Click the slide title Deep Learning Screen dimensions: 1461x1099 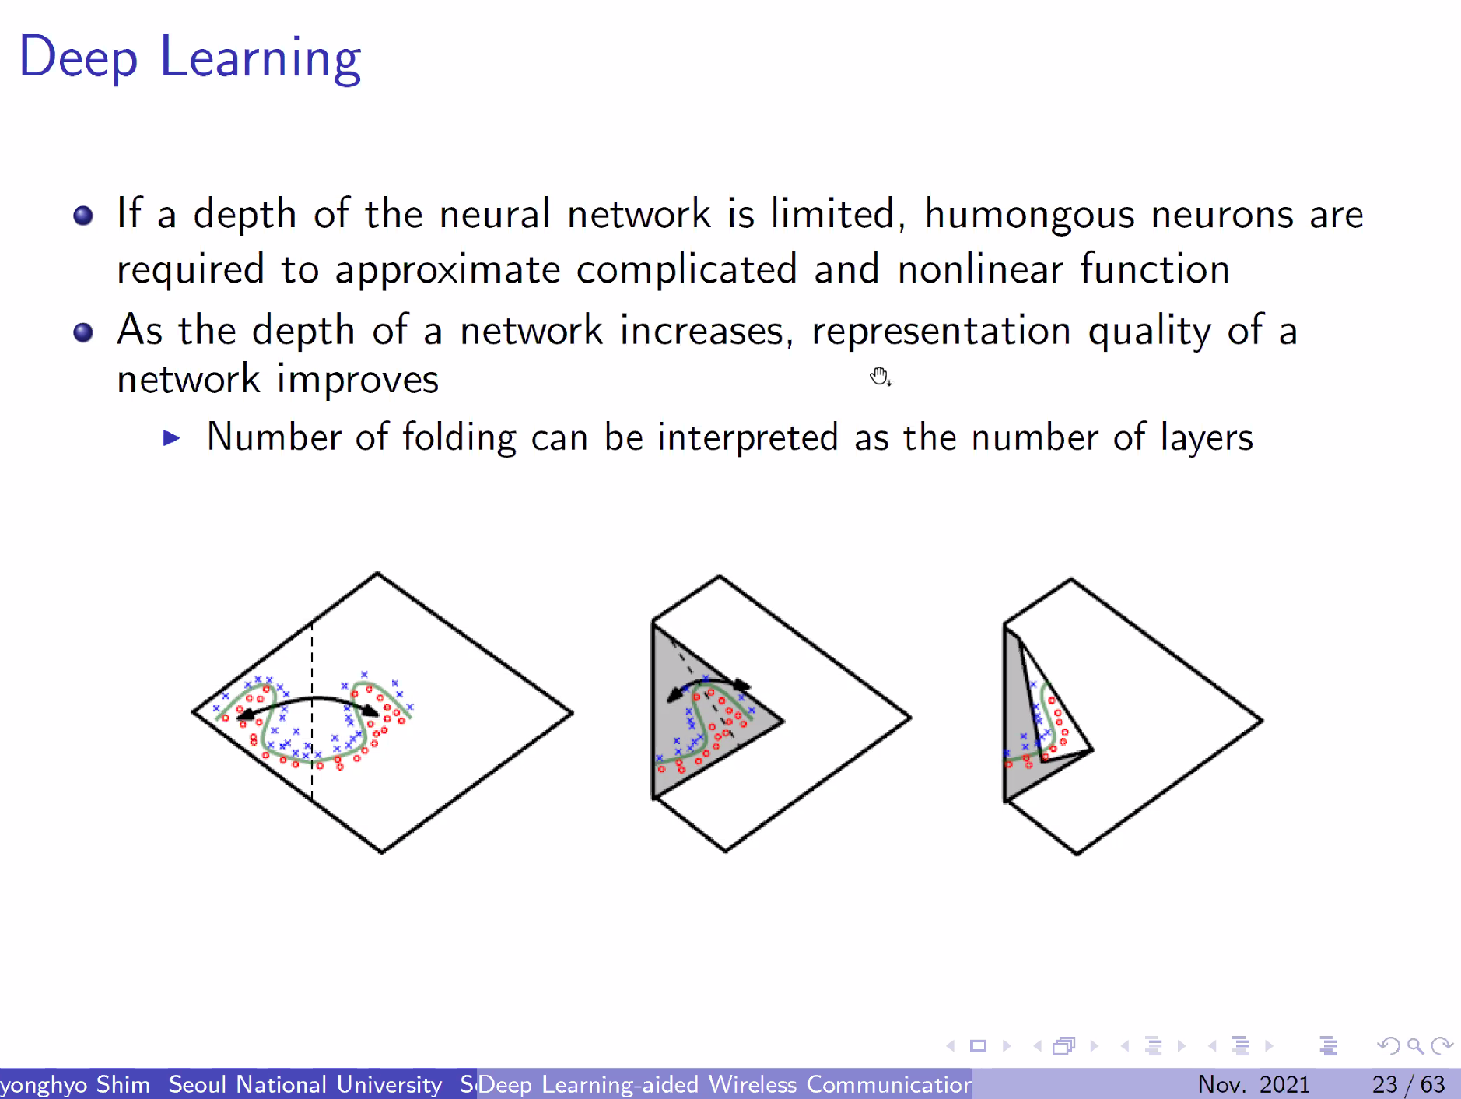click(190, 58)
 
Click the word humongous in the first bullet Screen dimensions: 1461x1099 click(1029, 215)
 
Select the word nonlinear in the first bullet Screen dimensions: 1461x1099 click(980, 270)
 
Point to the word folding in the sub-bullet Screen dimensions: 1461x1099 click(459, 437)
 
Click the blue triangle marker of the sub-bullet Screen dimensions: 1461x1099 click(172, 438)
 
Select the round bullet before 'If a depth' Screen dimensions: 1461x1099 click(83, 216)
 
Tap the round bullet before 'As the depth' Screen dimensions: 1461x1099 click(83, 332)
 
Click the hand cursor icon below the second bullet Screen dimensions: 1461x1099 click(880, 377)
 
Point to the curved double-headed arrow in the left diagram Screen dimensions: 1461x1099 click(307, 702)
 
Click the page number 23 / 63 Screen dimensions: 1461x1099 click(1408, 1084)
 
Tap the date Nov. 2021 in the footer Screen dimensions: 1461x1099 click(1253, 1084)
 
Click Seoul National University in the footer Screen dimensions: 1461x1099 click(305, 1084)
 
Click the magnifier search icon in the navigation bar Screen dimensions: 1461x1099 click(1415, 1046)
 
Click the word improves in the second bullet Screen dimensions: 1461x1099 click(358, 380)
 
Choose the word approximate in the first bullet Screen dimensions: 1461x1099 click(447, 270)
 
